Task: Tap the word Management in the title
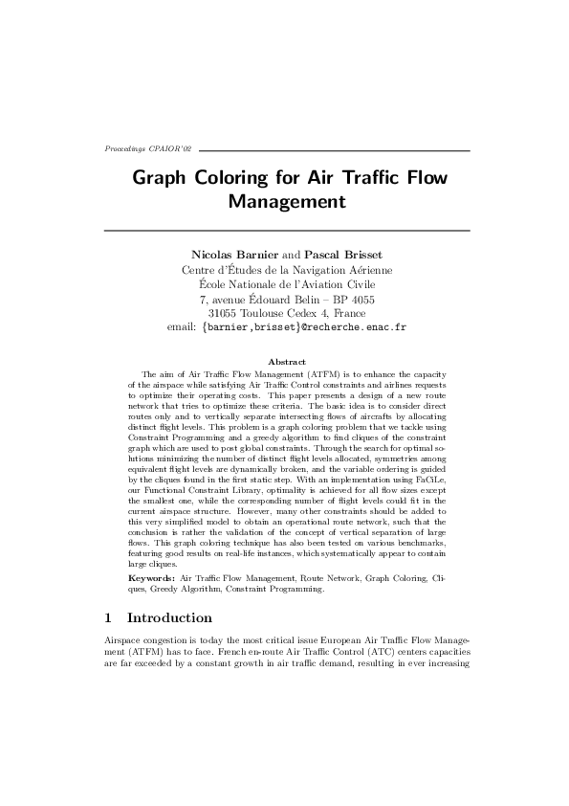point(286,202)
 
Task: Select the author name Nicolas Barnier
point(230,256)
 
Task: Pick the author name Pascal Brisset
point(342,256)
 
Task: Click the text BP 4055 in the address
point(352,298)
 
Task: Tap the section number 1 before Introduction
point(107,617)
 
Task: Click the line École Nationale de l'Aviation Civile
point(286,283)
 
